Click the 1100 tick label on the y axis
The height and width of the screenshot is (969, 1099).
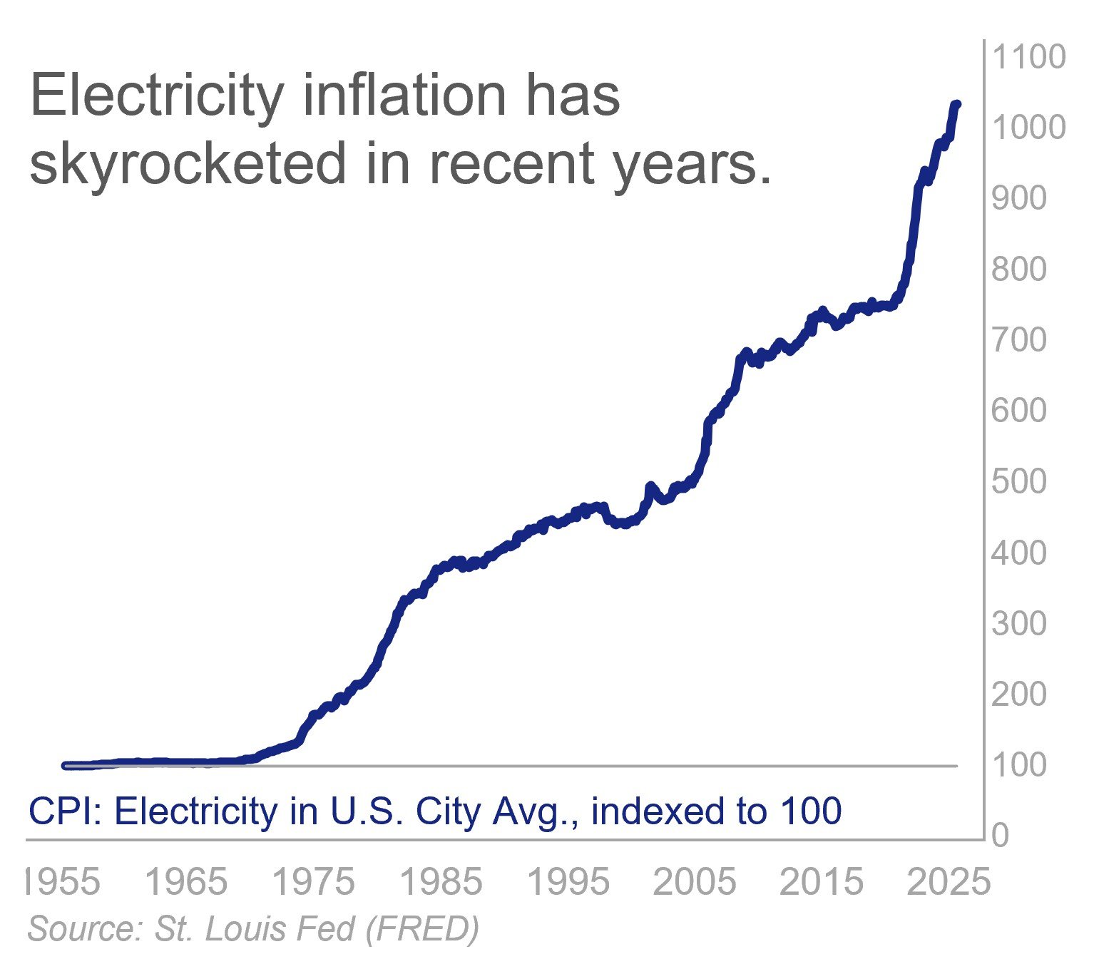click(1028, 57)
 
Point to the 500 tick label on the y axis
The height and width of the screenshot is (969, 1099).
click(1018, 481)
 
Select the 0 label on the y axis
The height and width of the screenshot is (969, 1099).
click(1001, 835)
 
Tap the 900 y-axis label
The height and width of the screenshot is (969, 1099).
click(1018, 198)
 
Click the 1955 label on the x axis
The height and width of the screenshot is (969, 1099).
click(63, 882)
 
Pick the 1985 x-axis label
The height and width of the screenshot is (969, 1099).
click(441, 882)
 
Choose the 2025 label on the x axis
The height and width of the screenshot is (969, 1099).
click(949, 882)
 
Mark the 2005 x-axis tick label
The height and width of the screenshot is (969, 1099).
click(695, 882)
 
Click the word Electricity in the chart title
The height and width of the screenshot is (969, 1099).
click(157, 96)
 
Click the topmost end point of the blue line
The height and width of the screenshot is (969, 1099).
click(956, 105)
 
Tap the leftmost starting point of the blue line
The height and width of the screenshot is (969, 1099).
click(66, 766)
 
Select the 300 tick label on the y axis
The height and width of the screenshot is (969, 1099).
click(1018, 623)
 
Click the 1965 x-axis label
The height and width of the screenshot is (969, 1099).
click(186, 882)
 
